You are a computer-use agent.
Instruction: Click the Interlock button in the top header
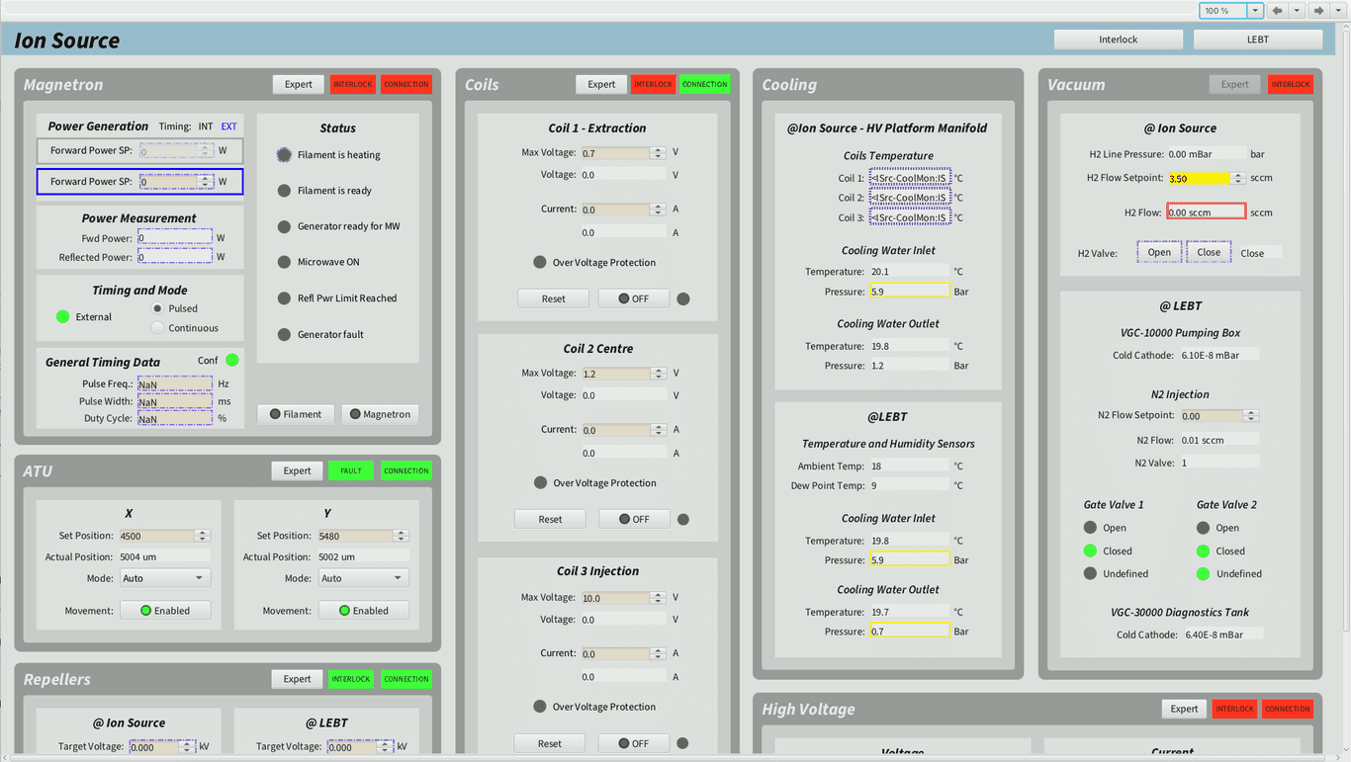pyautogui.click(x=1118, y=40)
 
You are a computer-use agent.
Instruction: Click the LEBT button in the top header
pyautogui.click(x=1257, y=40)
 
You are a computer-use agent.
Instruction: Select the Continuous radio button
pyautogui.click(x=158, y=328)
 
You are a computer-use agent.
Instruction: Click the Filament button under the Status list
pyautogui.click(x=296, y=414)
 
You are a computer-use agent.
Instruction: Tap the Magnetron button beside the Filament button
pyautogui.click(x=380, y=414)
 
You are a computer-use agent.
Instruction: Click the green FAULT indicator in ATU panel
pyautogui.click(x=351, y=471)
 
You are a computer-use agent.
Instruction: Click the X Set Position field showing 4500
pyautogui.click(x=156, y=536)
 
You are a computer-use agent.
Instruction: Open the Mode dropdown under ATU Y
pyautogui.click(x=363, y=578)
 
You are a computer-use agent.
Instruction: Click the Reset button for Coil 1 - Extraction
pyautogui.click(x=553, y=298)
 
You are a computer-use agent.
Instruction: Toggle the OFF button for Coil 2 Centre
pyautogui.click(x=633, y=519)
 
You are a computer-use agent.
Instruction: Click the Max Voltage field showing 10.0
pyautogui.click(x=614, y=598)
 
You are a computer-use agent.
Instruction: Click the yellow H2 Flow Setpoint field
pyautogui.click(x=1198, y=179)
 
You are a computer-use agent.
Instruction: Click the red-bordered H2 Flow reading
pyautogui.click(x=1206, y=212)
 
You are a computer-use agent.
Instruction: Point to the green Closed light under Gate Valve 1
pyautogui.click(x=1090, y=551)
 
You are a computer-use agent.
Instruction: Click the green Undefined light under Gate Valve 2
pyautogui.click(x=1203, y=574)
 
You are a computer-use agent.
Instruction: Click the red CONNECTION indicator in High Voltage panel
pyautogui.click(x=1287, y=709)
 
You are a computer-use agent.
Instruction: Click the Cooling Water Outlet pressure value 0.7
pyautogui.click(x=909, y=632)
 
